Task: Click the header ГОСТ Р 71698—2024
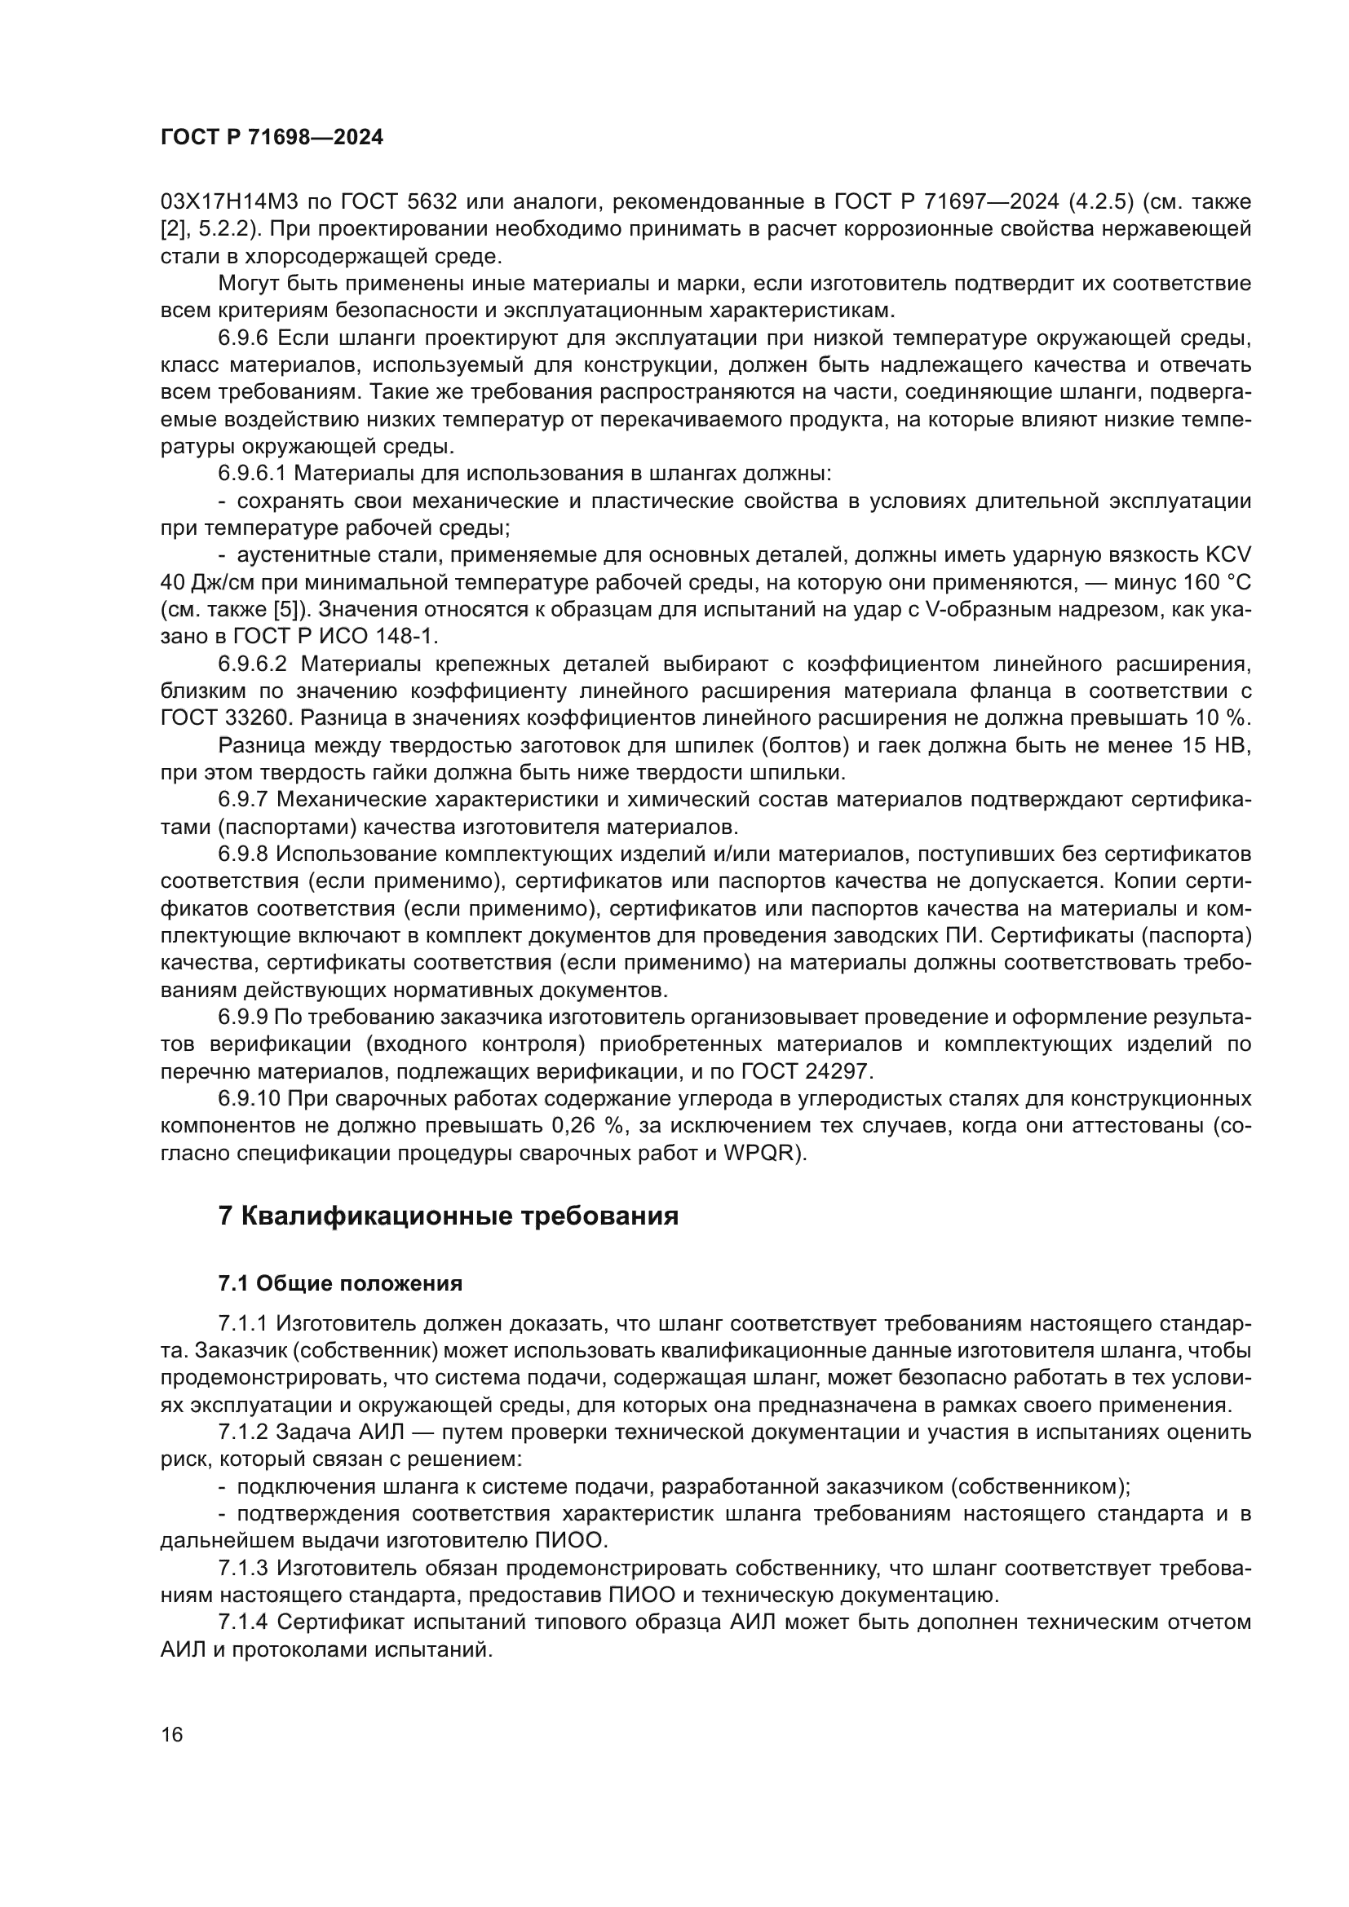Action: [x=272, y=138]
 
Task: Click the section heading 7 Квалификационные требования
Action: [x=449, y=1216]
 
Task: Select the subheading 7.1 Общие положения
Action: [x=341, y=1284]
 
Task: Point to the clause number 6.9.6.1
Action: [x=253, y=475]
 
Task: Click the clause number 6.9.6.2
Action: [x=253, y=664]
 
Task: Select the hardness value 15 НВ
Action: [x=1215, y=746]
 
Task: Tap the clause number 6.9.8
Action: [x=243, y=854]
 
